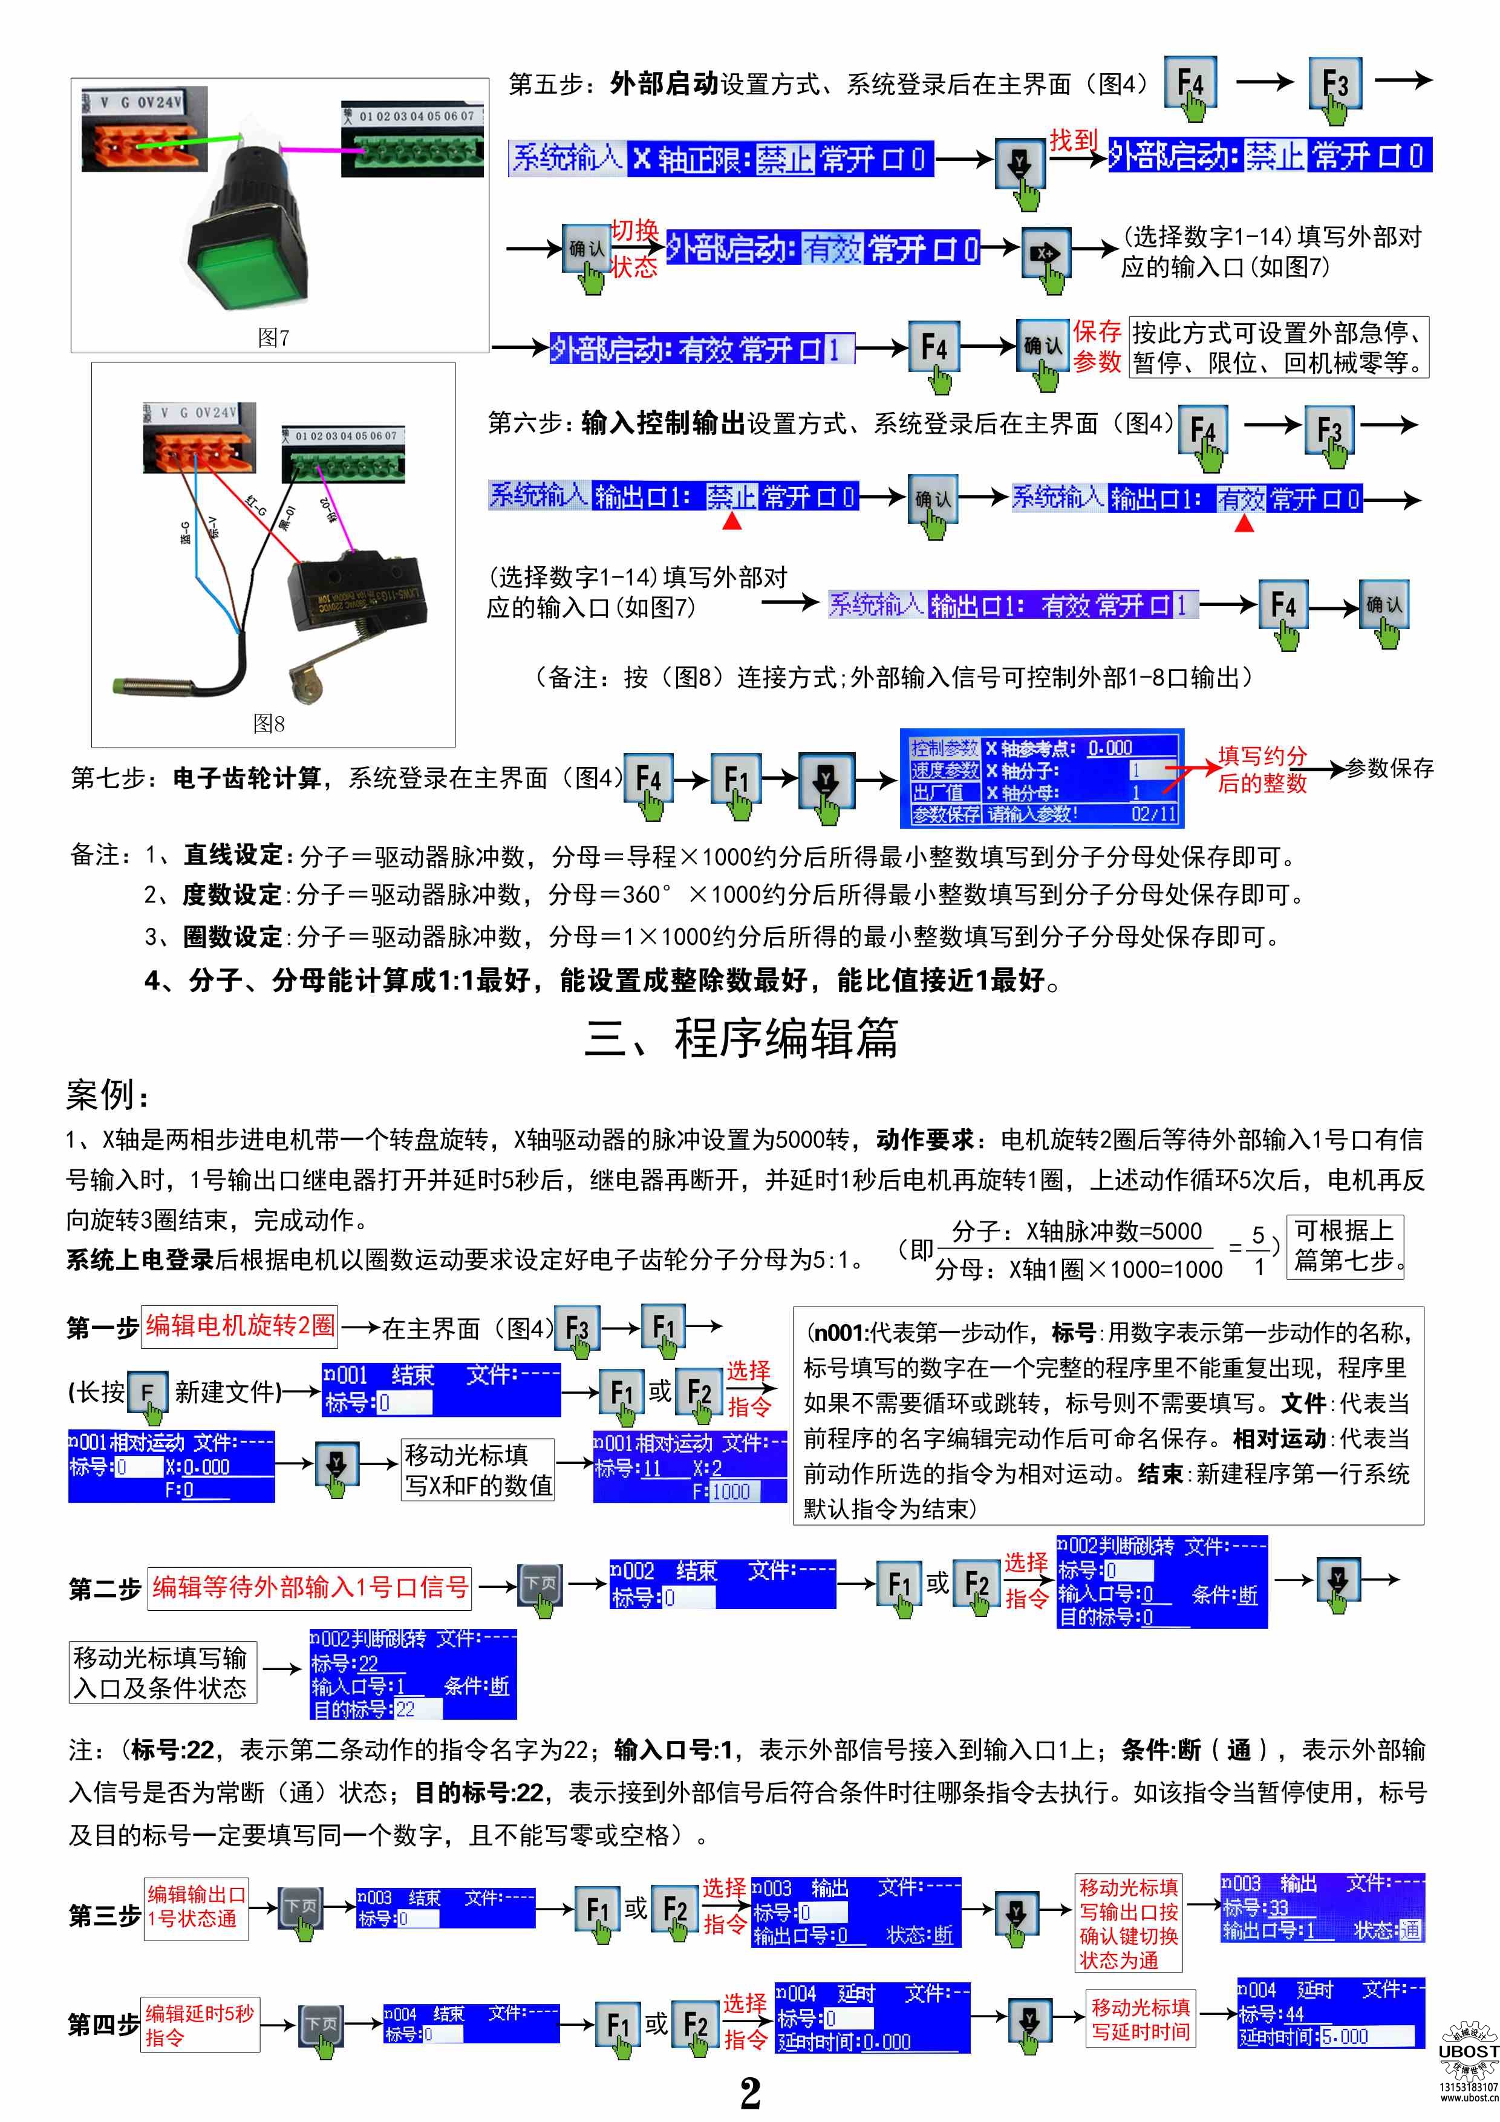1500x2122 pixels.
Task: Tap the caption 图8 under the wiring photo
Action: pyautogui.click(x=269, y=723)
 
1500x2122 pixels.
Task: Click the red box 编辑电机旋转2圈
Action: pyautogui.click(x=240, y=1325)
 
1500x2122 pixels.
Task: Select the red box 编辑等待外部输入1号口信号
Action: pyautogui.click(x=310, y=1587)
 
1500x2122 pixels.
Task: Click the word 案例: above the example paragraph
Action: pyautogui.click(x=106, y=1095)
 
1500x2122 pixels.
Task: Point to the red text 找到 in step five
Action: pyautogui.click(x=1072, y=140)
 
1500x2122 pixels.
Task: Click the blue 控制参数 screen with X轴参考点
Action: pyautogui.click(x=1041, y=779)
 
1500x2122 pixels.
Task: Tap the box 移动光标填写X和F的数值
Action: pyautogui.click(x=478, y=1469)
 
